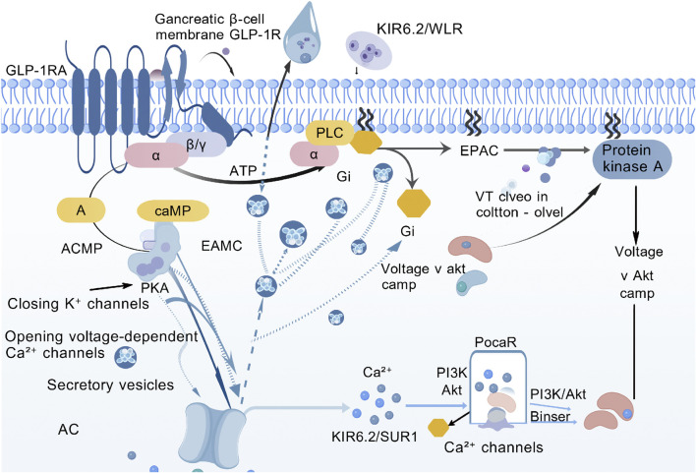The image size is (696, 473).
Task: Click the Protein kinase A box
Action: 632,159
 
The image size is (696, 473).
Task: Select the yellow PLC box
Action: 329,133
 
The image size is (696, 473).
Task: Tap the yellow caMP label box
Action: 173,210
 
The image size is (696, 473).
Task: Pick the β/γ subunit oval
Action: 197,145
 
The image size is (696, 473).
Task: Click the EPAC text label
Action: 479,150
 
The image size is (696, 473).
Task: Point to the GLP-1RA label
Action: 36,70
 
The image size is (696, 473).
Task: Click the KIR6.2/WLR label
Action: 420,29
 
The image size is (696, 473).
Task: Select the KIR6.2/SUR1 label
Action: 375,437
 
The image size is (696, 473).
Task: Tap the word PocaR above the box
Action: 495,343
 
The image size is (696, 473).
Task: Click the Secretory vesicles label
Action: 110,384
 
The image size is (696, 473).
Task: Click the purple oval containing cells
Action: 369,50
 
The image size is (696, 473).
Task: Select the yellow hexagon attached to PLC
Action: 367,143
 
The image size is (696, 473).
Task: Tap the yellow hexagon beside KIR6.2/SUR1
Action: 438,428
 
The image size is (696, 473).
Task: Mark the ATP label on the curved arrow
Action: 243,170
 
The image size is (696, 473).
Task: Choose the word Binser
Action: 551,417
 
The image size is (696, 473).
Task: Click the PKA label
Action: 155,288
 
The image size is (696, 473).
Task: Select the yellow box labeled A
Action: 81,209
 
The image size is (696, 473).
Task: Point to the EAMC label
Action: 221,246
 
